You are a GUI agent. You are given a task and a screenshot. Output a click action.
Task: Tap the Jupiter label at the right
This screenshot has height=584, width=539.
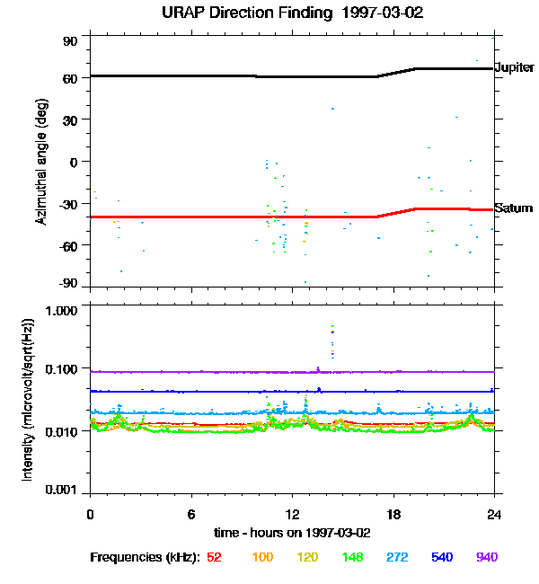pos(515,68)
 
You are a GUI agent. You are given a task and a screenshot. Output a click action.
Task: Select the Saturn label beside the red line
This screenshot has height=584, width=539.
pos(513,208)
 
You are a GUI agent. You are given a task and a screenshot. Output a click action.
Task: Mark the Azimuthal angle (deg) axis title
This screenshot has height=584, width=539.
pos(41,162)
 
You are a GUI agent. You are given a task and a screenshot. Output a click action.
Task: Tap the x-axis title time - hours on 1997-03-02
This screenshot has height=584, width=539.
pos(292,532)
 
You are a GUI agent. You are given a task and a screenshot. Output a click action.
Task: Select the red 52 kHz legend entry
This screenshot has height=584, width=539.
pos(214,557)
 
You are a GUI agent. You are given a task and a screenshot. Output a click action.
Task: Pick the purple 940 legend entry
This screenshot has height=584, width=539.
pos(486,557)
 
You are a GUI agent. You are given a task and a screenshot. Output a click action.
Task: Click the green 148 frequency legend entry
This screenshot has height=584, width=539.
pos(352,557)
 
